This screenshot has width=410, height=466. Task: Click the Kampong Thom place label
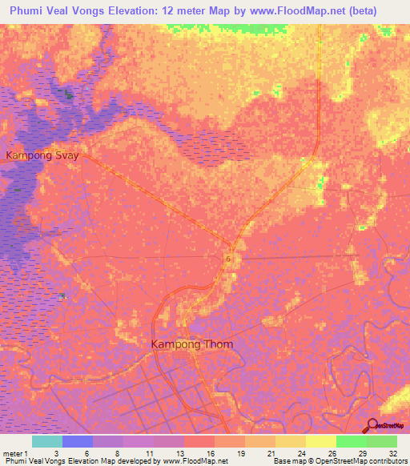pyautogui.click(x=192, y=344)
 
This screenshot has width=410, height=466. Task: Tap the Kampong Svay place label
pyautogui.click(x=42, y=155)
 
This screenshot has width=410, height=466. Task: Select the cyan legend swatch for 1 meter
pyautogui.click(x=47, y=441)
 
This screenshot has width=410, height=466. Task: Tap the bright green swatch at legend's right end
pyautogui.click(x=382, y=441)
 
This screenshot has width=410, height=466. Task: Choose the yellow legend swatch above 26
pyautogui.click(x=321, y=441)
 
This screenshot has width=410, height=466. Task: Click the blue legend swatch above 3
pyautogui.click(x=78, y=441)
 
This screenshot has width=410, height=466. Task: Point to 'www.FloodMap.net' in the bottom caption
pyautogui.click(x=192, y=461)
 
